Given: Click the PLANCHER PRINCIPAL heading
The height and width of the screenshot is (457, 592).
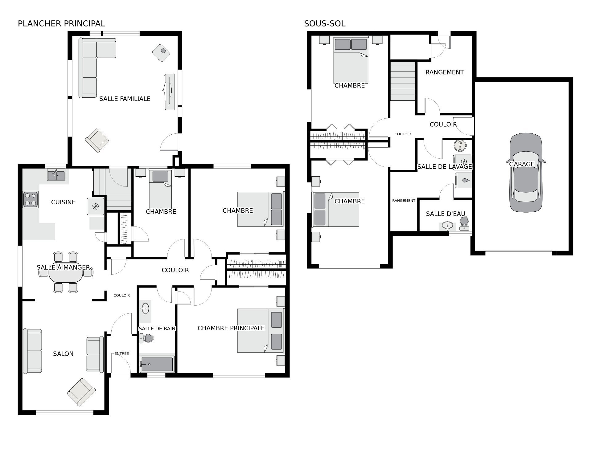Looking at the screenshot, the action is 61,23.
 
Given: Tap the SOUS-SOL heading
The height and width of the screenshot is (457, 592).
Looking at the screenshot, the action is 325,23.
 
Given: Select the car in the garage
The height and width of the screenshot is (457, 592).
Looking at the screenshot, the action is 525,173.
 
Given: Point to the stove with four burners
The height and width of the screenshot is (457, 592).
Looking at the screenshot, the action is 31,199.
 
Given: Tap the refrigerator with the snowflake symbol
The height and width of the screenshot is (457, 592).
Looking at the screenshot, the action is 96,206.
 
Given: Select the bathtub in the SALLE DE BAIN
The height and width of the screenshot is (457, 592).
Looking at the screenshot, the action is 157,364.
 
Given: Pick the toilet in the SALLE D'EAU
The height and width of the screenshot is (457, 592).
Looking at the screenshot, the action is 464,223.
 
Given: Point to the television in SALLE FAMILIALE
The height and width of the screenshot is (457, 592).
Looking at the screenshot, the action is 169,92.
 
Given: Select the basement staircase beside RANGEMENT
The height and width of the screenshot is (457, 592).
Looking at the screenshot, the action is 403,81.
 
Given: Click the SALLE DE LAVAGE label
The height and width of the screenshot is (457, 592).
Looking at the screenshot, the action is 445,167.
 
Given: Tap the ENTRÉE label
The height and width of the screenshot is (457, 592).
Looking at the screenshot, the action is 121,354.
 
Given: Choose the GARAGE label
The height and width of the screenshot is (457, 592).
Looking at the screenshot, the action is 522,164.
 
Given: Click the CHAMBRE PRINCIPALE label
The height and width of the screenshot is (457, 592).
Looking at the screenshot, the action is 231,328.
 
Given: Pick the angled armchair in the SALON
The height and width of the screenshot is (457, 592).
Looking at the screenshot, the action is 81,392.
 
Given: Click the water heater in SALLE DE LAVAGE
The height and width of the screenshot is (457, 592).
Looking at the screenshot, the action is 460,146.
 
